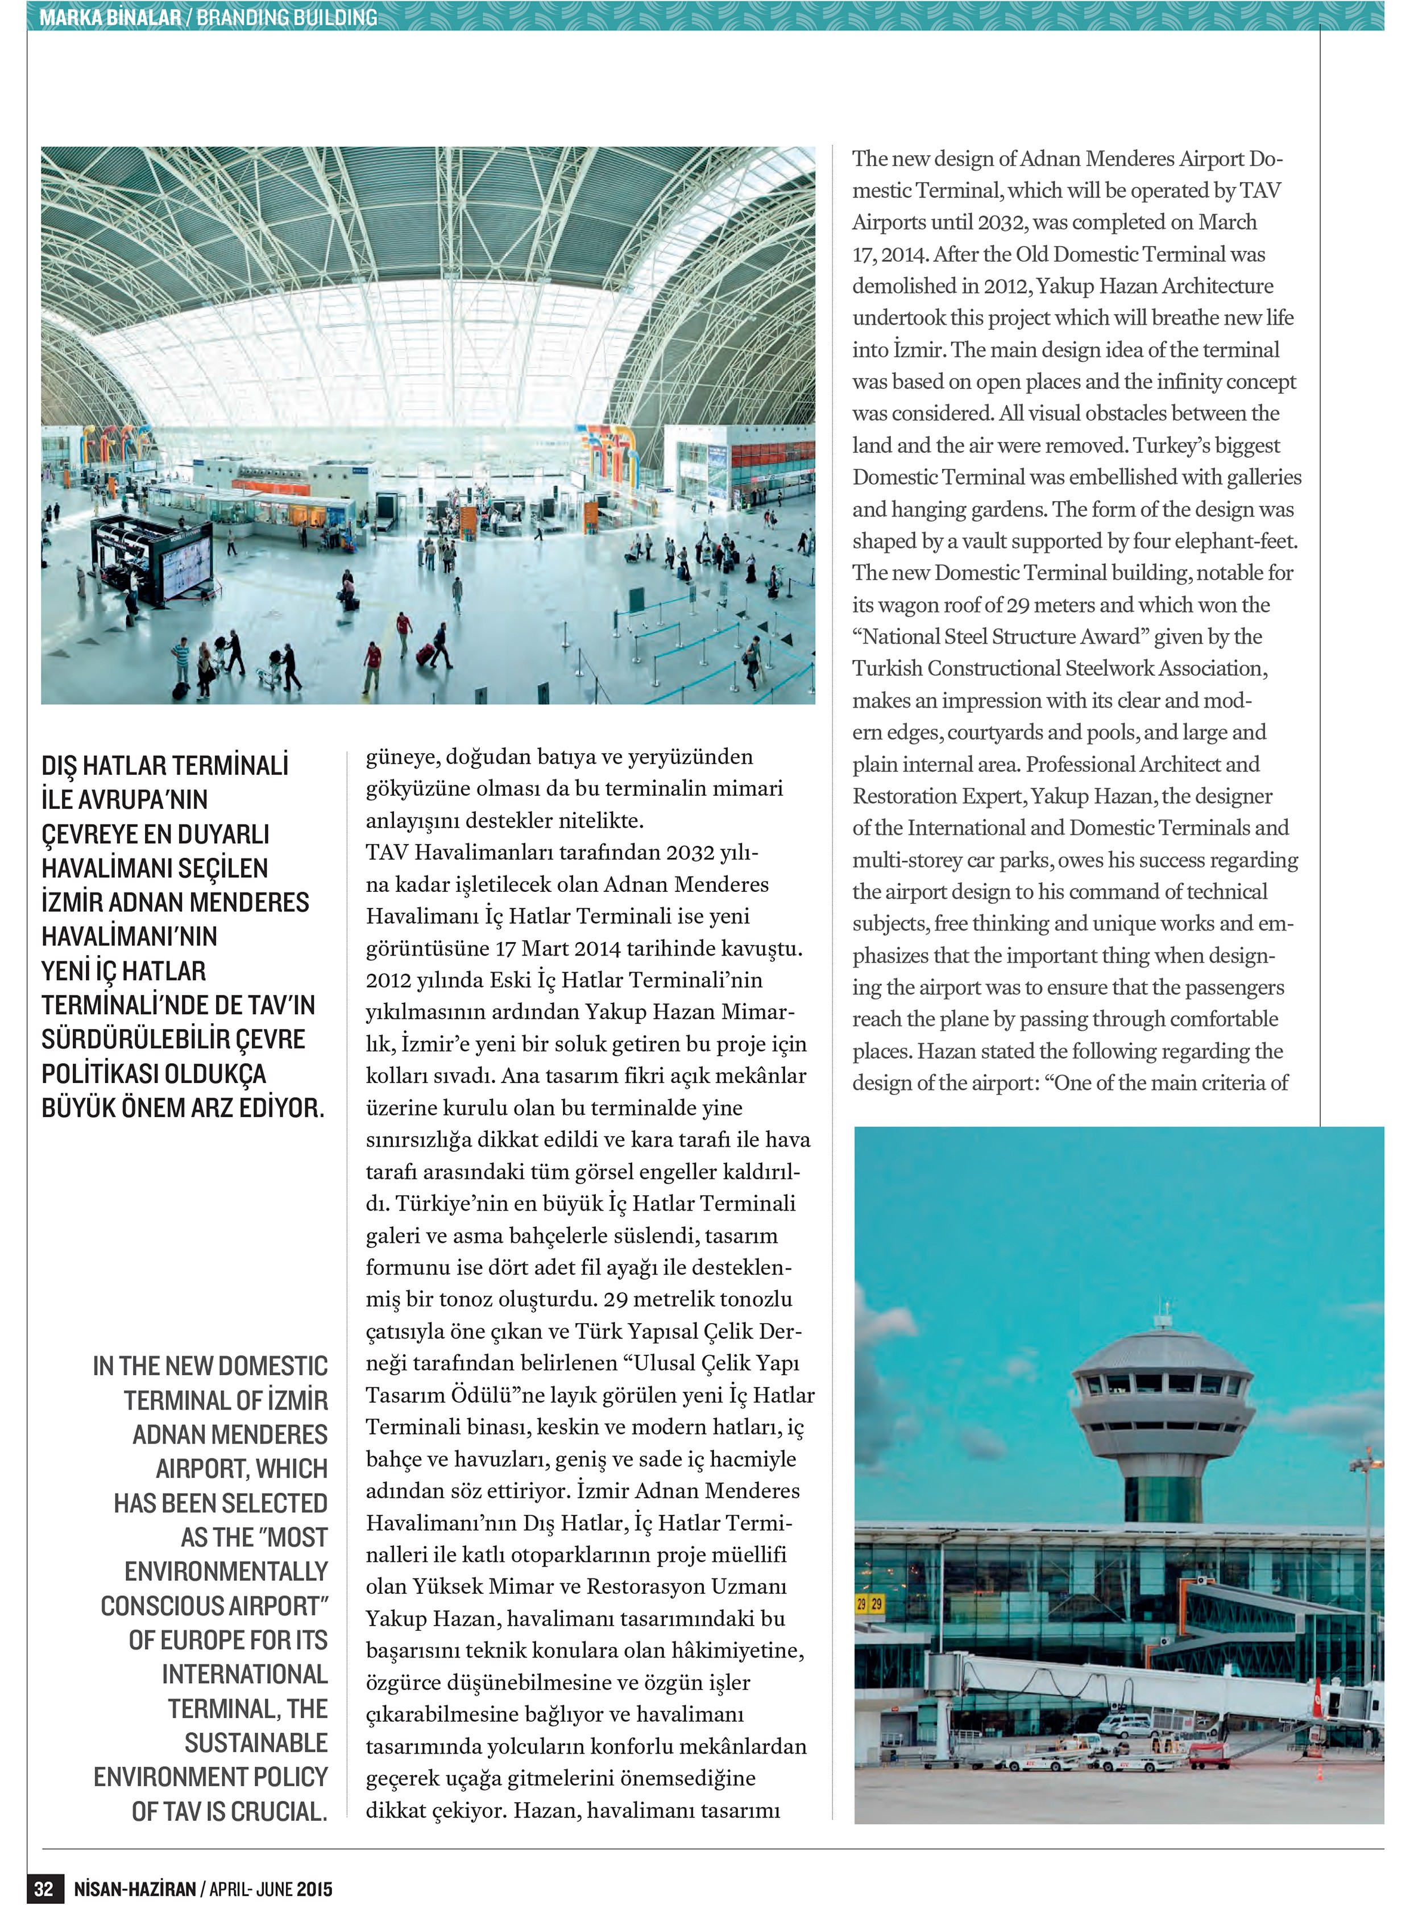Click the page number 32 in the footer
[44, 1888]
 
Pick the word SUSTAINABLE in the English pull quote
[256, 1743]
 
